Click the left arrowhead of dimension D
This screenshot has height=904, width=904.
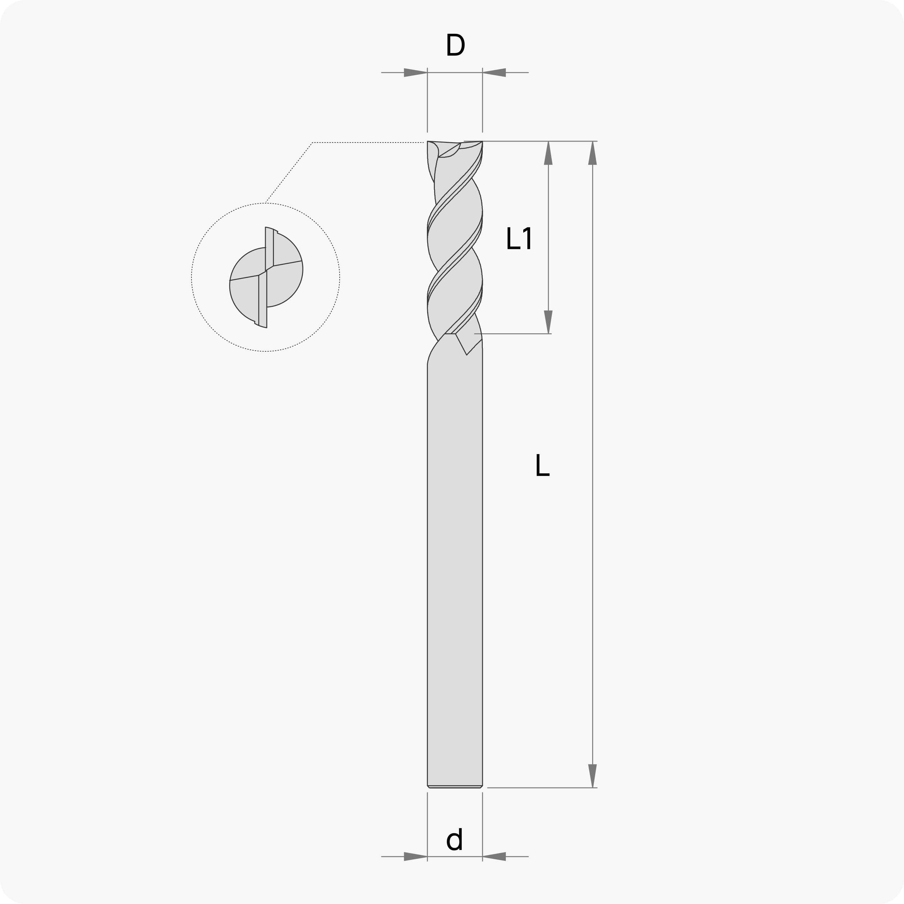416,73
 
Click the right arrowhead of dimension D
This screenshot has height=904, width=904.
494,73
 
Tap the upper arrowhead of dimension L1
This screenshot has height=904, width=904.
549,153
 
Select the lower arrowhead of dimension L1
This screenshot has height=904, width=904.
549,322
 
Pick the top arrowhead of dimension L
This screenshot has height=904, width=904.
592,153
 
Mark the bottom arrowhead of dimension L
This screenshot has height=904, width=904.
592,776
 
